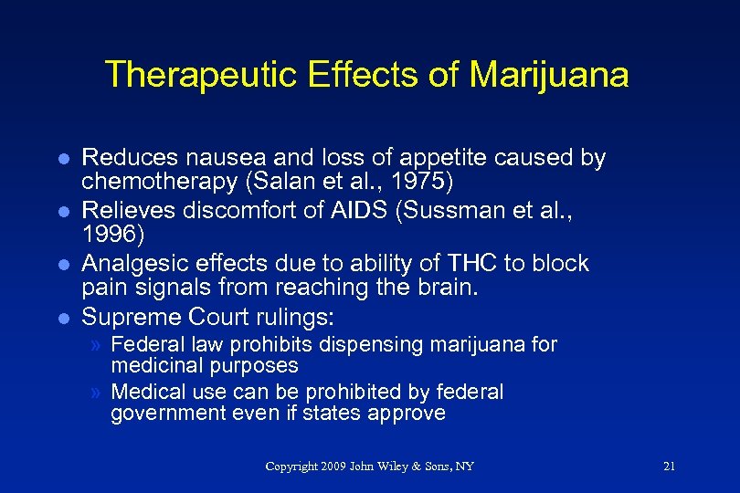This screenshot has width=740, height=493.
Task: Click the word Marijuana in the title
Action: point(549,75)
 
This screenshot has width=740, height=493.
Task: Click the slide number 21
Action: point(669,467)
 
